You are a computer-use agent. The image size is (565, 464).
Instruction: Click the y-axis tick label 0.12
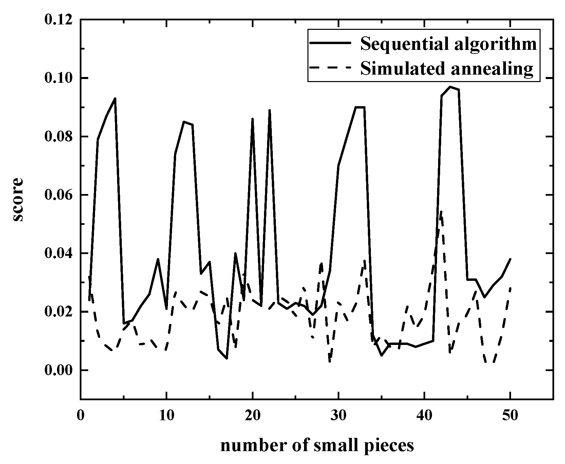[x=58, y=20]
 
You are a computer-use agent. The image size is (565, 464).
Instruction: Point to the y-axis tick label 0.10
[x=58, y=78]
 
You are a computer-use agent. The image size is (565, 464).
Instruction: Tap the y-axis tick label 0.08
[x=58, y=136]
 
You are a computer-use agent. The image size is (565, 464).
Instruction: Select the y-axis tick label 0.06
[x=58, y=195]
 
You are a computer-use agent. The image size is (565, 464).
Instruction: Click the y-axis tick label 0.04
[x=58, y=253]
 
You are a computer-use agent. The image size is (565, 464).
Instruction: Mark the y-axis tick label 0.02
[x=58, y=312]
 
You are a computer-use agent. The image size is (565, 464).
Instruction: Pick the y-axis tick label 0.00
[x=58, y=370]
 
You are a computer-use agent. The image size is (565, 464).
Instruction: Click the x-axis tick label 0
[x=80, y=415]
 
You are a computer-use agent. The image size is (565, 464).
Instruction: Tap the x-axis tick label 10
[x=166, y=415]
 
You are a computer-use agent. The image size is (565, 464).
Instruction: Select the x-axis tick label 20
[x=252, y=415]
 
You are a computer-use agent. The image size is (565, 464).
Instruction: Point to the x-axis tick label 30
[x=338, y=415]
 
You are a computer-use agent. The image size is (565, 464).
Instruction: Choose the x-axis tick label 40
[x=424, y=415]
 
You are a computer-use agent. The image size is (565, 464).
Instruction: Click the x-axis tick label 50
[x=510, y=415]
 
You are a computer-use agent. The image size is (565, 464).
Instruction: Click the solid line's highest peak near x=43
[x=450, y=87]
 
